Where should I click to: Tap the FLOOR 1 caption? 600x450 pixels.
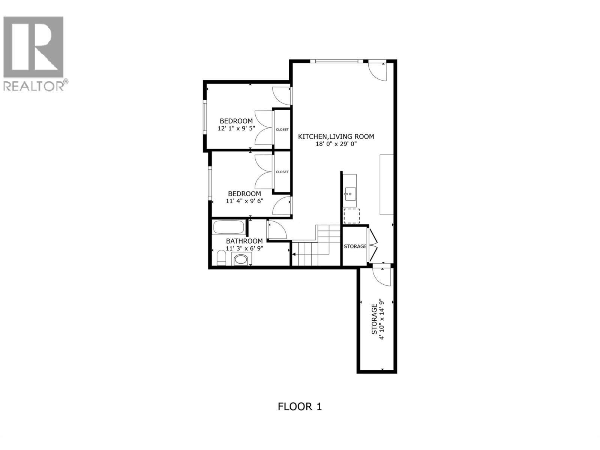click(x=300, y=406)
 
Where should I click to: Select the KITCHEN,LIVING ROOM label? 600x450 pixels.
click(x=336, y=136)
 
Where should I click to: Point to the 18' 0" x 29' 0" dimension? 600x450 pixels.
click(x=336, y=144)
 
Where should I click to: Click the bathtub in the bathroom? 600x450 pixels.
click(x=229, y=227)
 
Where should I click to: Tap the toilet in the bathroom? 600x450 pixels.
click(x=222, y=258)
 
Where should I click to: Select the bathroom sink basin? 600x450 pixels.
click(x=241, y=259)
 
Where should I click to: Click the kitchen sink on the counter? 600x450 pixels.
click(x=348, y=194)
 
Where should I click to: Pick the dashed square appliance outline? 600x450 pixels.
click(x=351, y=216)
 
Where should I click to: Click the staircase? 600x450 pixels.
click(x=317, y=247)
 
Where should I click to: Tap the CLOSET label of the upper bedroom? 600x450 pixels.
click(x=282, y=129)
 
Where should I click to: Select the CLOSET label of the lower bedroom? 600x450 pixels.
click(x=282, y=172)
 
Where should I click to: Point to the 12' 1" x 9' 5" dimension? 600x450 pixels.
click(x=236, y=128)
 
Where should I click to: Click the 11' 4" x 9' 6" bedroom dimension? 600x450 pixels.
click(x=244, y=201)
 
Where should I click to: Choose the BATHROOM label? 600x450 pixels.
click(x=244, y=241)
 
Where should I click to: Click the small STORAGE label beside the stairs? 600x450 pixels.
click(x=355, y=246)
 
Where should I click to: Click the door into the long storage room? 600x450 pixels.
click(x=382, y=276)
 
